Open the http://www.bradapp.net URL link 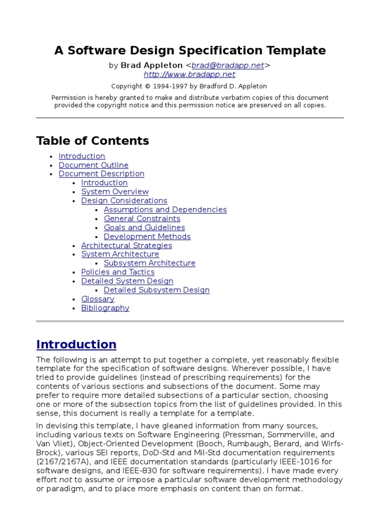tap(190, 75)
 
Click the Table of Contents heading tap(93, 141)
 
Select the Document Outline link tap(94, 165)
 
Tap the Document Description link tap(101, 174)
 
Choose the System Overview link tap(115, 192)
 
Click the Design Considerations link tap(124, 201)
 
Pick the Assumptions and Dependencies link tap(165, 210)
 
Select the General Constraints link tap(142, 218)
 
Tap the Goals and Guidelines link tap(144, 227)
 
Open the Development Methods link tap(147, 236)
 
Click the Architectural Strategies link tap(127, 246)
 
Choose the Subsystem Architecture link tap(149, 263)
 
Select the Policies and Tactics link tap(118, 272)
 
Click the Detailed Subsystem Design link tap(157, 290)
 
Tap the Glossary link tap(98, 299)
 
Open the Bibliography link tap(105, 308)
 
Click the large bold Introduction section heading tap(76, 344)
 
